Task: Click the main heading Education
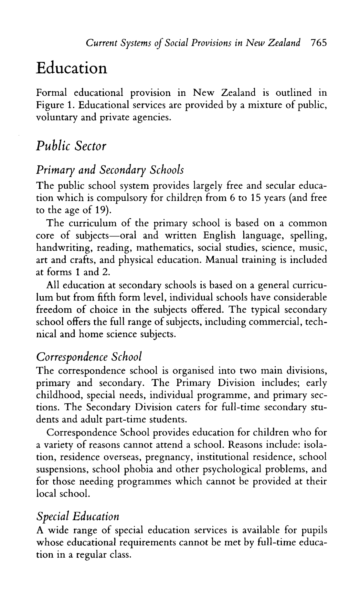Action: point(71,68)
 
